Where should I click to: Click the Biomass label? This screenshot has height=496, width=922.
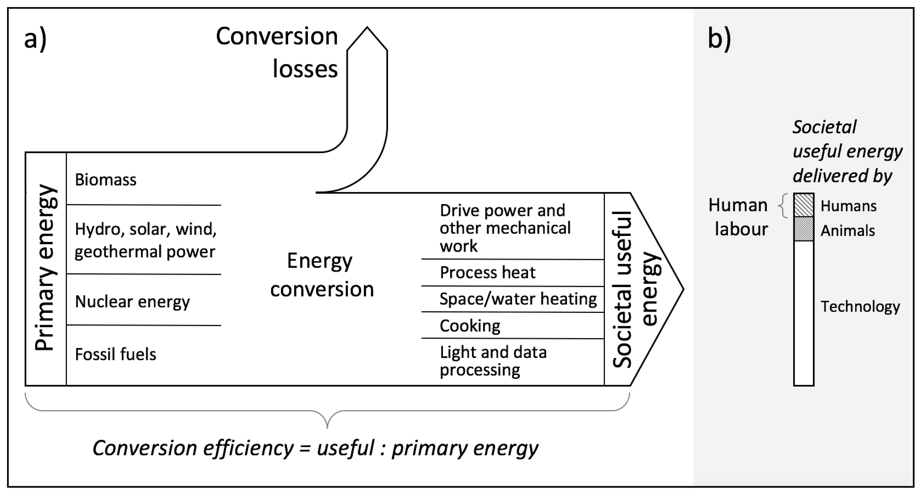click(105, 180)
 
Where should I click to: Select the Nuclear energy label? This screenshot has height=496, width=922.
click(132, 302)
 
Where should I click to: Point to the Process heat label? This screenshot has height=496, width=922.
click(487, 273)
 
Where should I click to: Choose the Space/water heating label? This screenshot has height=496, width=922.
click(518, 299)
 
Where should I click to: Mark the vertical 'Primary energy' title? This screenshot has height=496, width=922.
click(46, 268)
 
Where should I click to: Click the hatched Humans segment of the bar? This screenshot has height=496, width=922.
click(804, 205)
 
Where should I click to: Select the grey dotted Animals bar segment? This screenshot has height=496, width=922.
click(804, 229)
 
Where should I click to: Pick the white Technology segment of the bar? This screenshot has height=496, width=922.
click(804, 313)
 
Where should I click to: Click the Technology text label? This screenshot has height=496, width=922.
click(860, 307)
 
